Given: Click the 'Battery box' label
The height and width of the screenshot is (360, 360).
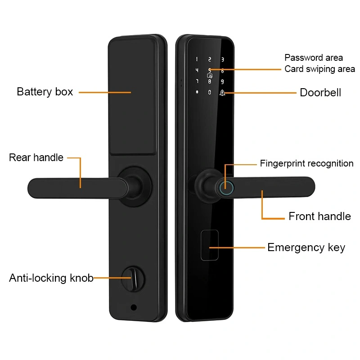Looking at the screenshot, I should pyautogui.click(x=45, y=92).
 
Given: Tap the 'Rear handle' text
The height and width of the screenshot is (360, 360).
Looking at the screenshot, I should pyautogui.click(x=36, y=158).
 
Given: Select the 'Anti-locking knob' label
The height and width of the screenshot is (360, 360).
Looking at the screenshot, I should pyautogui.click(x=51, y=278).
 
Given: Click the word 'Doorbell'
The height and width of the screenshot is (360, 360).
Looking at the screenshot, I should pyautogui.click(x=320, y=93).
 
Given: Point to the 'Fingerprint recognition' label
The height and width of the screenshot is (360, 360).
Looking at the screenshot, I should pyautogui.click(x=306, y=163).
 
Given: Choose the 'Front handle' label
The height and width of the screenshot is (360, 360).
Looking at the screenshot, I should pyautogui.click(x=319, y=216).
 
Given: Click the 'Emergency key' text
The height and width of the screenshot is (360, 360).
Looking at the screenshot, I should pyautogui.click(x=306, y=247).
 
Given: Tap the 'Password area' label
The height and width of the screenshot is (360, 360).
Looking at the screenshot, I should pyautogui.click(x=314, y=58).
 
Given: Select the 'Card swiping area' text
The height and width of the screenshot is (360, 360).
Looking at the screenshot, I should pyautogui.click(x=319, y=69).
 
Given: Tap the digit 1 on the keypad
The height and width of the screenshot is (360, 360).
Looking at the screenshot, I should pyautogui.click(x=197, y=59).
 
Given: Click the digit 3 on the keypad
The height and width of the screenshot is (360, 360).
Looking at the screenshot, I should pyautogui.click(x=222, y=59).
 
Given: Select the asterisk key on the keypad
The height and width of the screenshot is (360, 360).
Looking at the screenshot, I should pyautogui.click(x=197, y=93).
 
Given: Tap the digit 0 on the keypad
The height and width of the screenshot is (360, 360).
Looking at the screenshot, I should pyautogui.click(x=209, y=93).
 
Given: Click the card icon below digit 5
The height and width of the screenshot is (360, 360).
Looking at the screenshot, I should pyautogui.click(x=209, y=76).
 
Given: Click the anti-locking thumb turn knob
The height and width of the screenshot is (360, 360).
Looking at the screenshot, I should pyautogui.click(x=134, y=279).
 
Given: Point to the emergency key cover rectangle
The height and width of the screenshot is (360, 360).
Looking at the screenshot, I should pyautogui.click(x=209, y=245).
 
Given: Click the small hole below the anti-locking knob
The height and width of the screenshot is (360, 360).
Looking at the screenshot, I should pyautogui.click(x=134, y=308).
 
